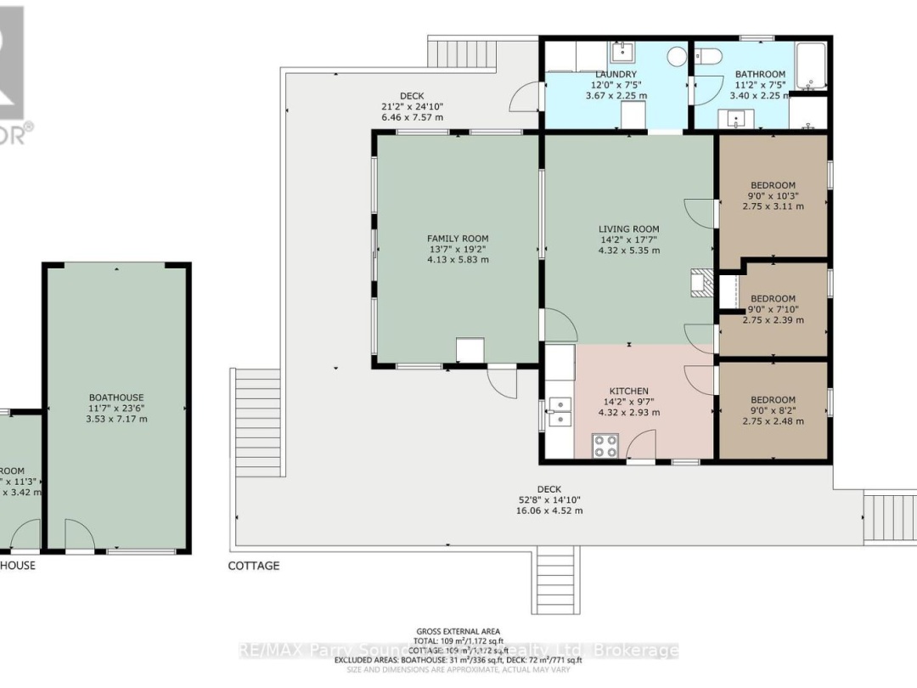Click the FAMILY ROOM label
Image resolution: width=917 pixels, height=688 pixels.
pos(457,239)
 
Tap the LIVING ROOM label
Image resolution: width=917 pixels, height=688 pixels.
pos(628,228)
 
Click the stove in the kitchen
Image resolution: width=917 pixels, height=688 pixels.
pos(605,446)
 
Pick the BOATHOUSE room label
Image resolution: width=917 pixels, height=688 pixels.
pos(116,397)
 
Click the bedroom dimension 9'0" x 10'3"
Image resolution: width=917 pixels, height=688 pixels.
pos(773,196)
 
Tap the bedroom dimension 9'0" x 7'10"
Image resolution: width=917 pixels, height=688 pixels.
pos(773,309)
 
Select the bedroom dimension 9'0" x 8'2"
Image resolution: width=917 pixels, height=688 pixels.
pos(773,410)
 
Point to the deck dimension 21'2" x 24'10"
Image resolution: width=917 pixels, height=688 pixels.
pos(412,107)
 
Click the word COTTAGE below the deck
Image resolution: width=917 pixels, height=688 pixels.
pos(253,566)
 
